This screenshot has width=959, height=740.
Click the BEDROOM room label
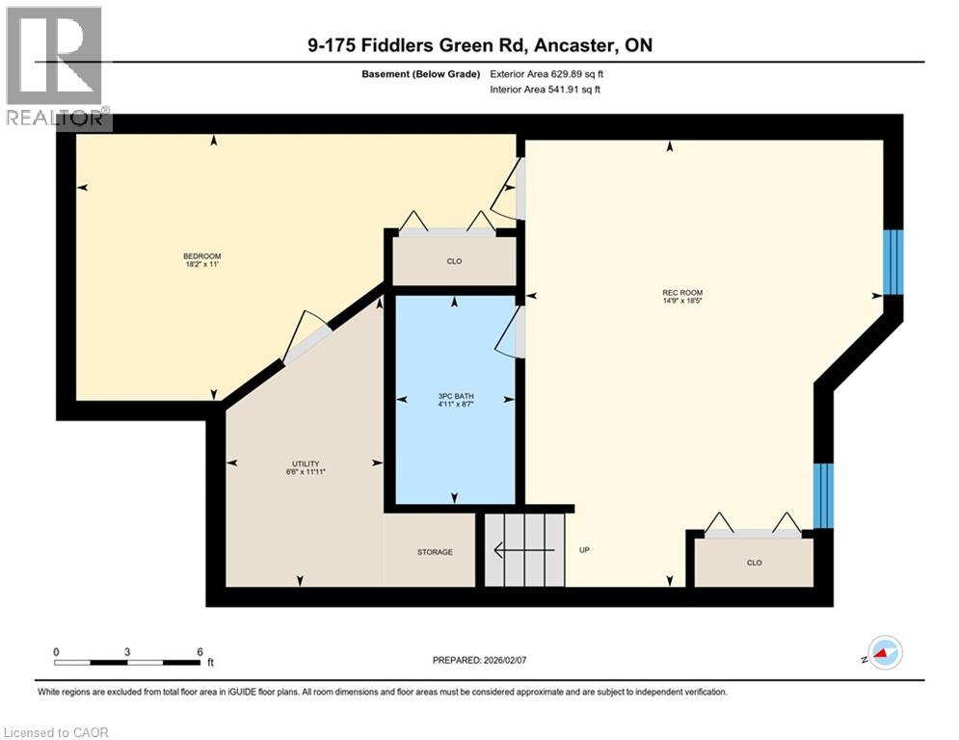[201, 256]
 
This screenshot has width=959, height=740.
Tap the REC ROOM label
[682, 293]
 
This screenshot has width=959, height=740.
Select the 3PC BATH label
[456, 396]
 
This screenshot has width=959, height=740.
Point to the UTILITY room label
[306, 464]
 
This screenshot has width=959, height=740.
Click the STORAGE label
[435, 552]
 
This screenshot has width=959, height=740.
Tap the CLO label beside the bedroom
[454, 262]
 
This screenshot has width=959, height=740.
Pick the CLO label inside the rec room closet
[754, 563]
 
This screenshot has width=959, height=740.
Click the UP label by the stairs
[585, 550]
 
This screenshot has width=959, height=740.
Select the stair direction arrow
[524, 550]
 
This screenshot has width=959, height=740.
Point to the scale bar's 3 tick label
[127, 652]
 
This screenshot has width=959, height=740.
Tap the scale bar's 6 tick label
[200, 652]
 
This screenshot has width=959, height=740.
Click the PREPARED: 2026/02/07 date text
[480, 660]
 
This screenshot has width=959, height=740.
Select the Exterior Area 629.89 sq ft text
[546, 74]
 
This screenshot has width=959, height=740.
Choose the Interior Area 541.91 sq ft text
[545, 90]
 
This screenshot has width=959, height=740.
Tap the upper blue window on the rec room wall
[893, 262]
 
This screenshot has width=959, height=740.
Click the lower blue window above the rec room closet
[823, 495]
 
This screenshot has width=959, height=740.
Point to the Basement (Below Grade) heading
[421, 74]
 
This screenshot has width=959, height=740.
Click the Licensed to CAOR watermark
[56, 732]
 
